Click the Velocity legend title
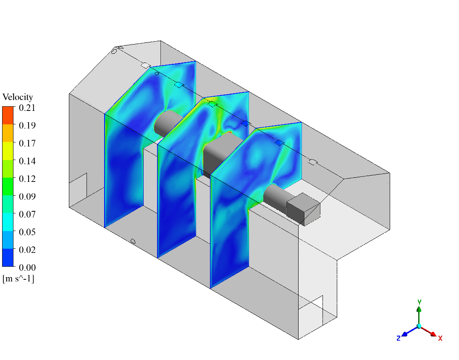pos(18,97)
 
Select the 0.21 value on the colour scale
pos(27,108)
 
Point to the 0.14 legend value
pos(27,161)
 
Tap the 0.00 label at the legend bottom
pos(27,268)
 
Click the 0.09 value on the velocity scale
pos(27,196)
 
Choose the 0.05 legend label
pos(27,232)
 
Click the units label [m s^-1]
pos(18,279)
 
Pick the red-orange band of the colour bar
pos(8,115)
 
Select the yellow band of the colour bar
pos(8,151)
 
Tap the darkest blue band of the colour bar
pos(8,258)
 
